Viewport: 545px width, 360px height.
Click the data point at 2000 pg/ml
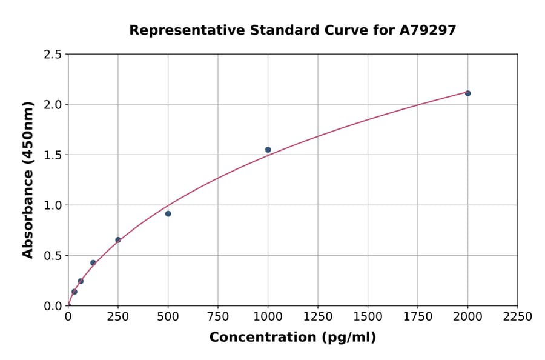pyautogui.click(x=467, y=93)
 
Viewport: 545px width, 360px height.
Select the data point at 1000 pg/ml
pyautogui.click(x=268, y=150)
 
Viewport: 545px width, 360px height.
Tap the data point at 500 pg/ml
pyautogui.click(x=168, y=213)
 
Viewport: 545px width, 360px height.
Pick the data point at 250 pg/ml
pyautogui.click(x=118, y=240)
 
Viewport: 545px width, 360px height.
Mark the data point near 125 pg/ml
pyautogui.click(x=93, y=263)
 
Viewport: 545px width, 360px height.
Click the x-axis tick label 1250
pyautogui.click(x=318, y=317)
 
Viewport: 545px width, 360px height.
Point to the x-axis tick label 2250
pyautogui.click(x=518, y=317)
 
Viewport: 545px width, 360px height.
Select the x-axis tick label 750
pyautogui.click(x=218, y=317)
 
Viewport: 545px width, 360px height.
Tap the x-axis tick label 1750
pyautogui.click(x=418, y=317)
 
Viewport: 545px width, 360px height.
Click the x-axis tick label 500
pyautogui.click(x=168, y=317)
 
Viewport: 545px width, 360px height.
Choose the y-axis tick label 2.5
pyautogui.click(x=53, y=55)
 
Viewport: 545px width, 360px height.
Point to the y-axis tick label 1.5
pyautogui.click(x=53, y=155)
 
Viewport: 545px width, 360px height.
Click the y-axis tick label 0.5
pyautogui.click(x=53, y=256)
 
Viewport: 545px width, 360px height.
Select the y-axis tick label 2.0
pyautogui.click(x=53, y=105)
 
